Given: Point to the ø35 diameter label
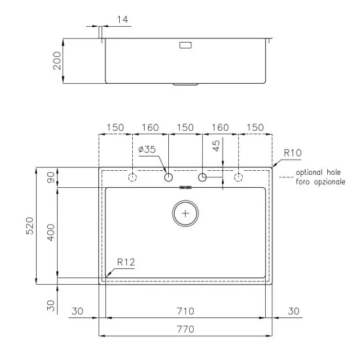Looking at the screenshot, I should click(147, 150).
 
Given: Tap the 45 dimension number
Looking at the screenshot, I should click(217, 145).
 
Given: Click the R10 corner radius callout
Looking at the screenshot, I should click(292, 153).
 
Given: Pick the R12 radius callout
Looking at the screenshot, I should click(126, 262).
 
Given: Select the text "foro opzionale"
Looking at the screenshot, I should click(320, 181).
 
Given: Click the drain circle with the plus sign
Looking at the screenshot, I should click(187, 213).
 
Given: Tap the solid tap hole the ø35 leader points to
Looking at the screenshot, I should click(168, 177).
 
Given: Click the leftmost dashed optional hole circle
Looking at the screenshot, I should click(133, 177).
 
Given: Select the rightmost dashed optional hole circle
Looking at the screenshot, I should click(238, 177).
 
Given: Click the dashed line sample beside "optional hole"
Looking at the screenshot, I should click(284, 177).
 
